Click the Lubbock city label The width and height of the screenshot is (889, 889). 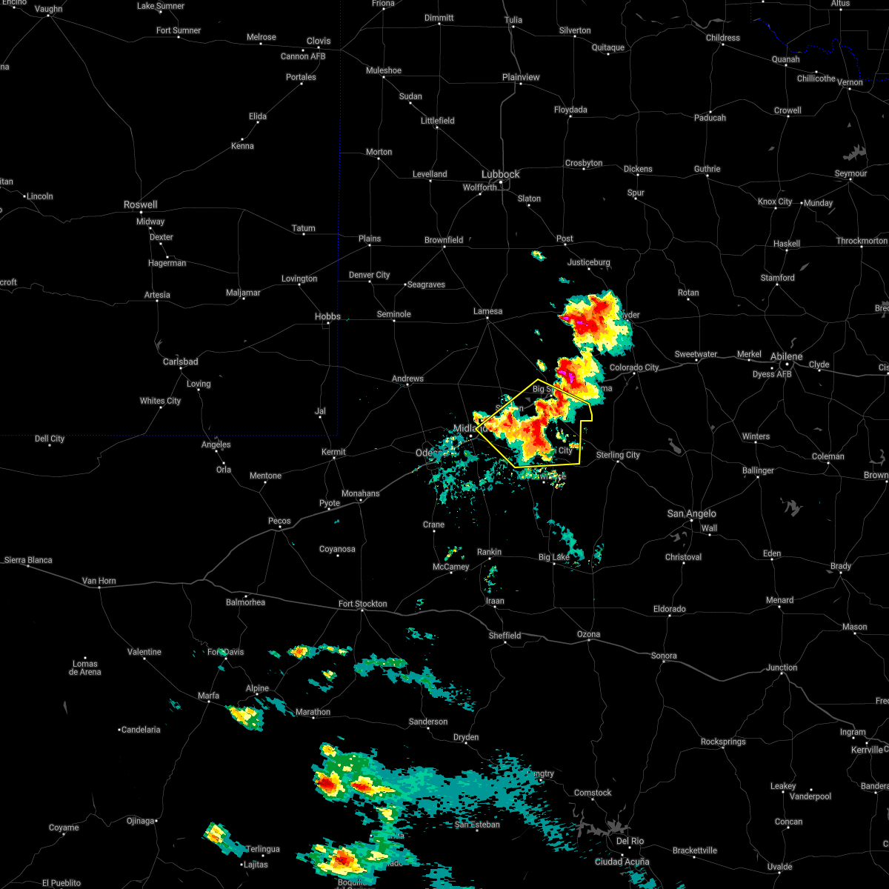pyautogui.click(x=501, y=174)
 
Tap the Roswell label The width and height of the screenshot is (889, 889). pyautogui.click(x=141, y=204)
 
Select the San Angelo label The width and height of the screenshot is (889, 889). pyautogui.click(x=691, y=513)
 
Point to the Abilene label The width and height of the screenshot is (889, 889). pyautogui.click(x=786, y=356)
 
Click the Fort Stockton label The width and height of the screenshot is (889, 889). pyautogui.click(x=362, y=604)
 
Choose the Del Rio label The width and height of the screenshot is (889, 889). pyautogui.click(x=630, y=841)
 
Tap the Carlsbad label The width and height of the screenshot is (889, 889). pyautogui.click(x=181, y=362)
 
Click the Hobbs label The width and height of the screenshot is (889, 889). pyautogui.click(x=327, y=316)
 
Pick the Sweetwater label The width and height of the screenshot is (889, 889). pyautogui.click(x=696, y=354)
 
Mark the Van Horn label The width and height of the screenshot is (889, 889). pyautogui.click(x=99, y=581)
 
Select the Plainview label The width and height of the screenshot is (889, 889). pyautogui.click(x=521, y=77)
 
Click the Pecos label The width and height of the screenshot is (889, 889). pyautogui.click(x=279, y=521)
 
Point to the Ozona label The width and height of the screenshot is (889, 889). pyautogui.click(x=589, y=634)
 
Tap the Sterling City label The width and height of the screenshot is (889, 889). pyautogui.click(x=618, y=455)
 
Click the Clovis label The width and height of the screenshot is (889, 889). pyautogui.click(x=319, y=41)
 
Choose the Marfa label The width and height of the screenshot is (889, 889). pyautogui.click(x=208, y=696)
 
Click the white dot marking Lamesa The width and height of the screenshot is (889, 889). pyautogui.click(x=488, y=319)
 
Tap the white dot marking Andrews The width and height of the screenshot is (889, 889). pyautogui.click(x=407, y=387)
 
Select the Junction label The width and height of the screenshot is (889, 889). pyautogui.click(x=782, y=667)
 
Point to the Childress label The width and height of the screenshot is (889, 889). pyautogui.click(x=722, y=38)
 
